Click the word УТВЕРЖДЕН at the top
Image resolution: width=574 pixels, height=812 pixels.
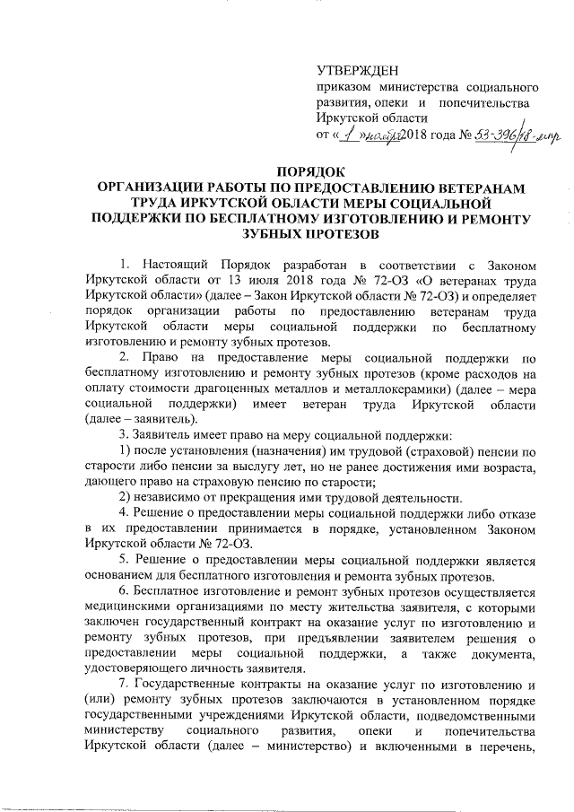click(x=359, y=71)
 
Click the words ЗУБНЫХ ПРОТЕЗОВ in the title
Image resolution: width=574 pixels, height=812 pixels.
click(x=312, y=234)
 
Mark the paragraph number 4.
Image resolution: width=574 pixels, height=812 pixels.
click(x=124, y=518)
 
